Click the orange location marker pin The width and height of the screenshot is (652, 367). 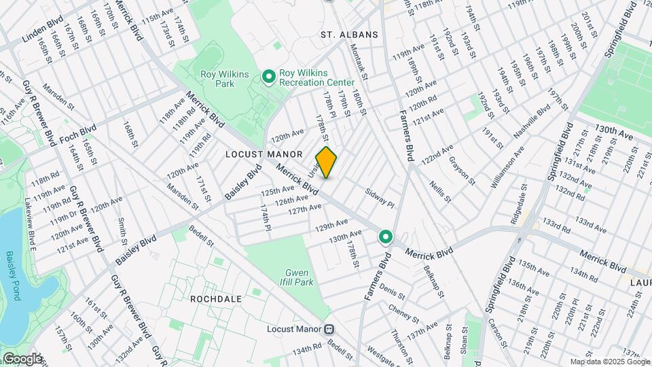pos(326,162)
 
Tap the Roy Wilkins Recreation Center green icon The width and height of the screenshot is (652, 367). pos(268,77)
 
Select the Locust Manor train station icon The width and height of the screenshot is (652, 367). pos(329,329)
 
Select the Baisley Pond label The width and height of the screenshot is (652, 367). pos(12,275)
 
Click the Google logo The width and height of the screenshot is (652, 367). pos(22,359)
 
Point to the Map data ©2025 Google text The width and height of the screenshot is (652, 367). pos(610,362)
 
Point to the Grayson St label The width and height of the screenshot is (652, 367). pos(462,170)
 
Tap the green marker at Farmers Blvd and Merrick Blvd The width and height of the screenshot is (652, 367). pos(386,237)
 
